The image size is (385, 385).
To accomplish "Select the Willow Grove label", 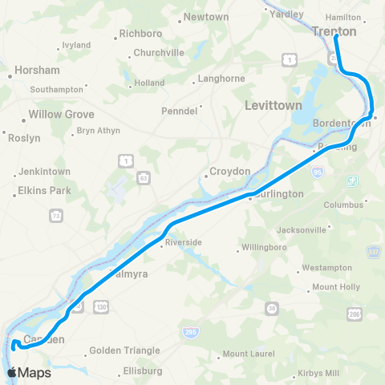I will pyautogui.click(x=62, y=114).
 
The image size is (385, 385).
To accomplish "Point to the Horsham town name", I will pyautogui.click(x=36, y=71).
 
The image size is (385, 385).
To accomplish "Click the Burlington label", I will pyautogui.click(x=277, y=193).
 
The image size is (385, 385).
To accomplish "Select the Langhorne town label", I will pyautogui.click(x=221, y=79).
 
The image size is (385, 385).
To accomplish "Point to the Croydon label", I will pyautogui.click(x=230, y=171).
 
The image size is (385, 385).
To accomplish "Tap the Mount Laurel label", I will pyautogui.click(x=248, y=354).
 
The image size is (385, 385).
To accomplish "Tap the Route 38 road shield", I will pyautogui.click(x=272, y=308).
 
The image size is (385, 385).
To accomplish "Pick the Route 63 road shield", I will pyautogui.click(x=142, y=175).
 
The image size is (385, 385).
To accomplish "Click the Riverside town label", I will pyautogui.click(x=182, y=241).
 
